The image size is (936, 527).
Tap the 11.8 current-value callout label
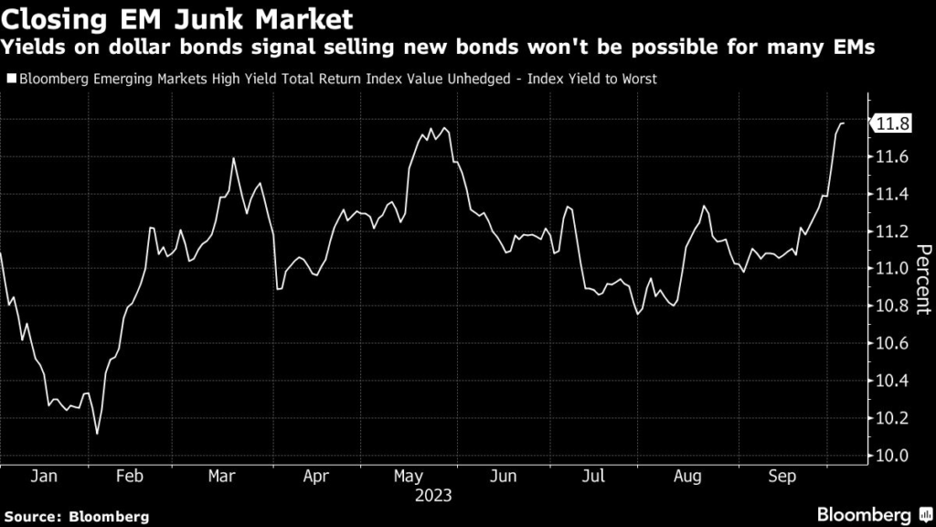point(892,124)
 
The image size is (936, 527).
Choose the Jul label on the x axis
point(595,477)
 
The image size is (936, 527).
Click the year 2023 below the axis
point(432,496)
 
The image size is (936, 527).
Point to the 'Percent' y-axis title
point(922,279)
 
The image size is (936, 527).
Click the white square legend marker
point(10,79)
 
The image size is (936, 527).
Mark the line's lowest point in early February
point(97,433)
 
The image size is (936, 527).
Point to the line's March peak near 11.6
point(233,159)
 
